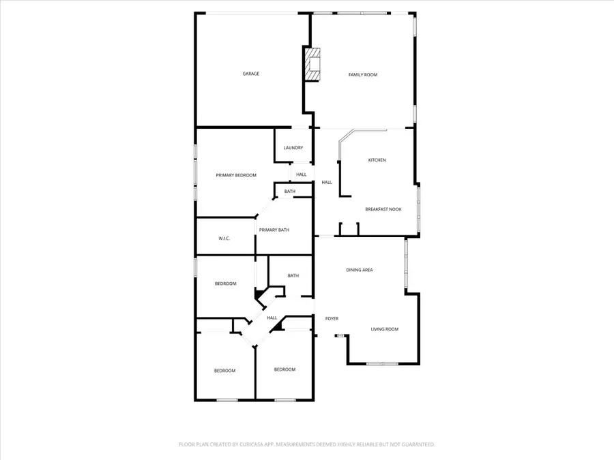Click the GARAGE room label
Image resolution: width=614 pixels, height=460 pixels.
[x=251, y=74]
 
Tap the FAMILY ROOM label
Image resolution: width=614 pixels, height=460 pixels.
[x=363, y=75]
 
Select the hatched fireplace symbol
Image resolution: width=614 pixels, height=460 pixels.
[x=313, y=65]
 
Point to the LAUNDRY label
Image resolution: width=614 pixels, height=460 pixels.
[x=293, y=148]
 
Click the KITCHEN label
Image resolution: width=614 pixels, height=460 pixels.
[x=377, y=160]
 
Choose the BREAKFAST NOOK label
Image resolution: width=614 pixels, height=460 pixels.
[x=383, y=209]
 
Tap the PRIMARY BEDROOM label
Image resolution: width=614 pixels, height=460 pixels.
[x=236, y=175]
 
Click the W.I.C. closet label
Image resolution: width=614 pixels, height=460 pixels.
[x=224, y=239]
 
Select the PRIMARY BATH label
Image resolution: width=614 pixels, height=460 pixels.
[x=274, y=230]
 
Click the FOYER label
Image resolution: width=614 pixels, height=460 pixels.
[x=332, y=318]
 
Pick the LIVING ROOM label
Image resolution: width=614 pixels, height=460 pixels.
[x=385, y=329]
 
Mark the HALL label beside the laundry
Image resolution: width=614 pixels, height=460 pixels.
[x=301, y=174]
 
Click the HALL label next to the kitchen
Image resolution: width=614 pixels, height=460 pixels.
[x=327, y=182]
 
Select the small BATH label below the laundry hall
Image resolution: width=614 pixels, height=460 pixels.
[x=290, y=191]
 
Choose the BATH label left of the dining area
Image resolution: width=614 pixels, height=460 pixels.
[x=293, y=276]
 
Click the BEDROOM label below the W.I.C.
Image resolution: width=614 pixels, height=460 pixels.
[x=225, y=283]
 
